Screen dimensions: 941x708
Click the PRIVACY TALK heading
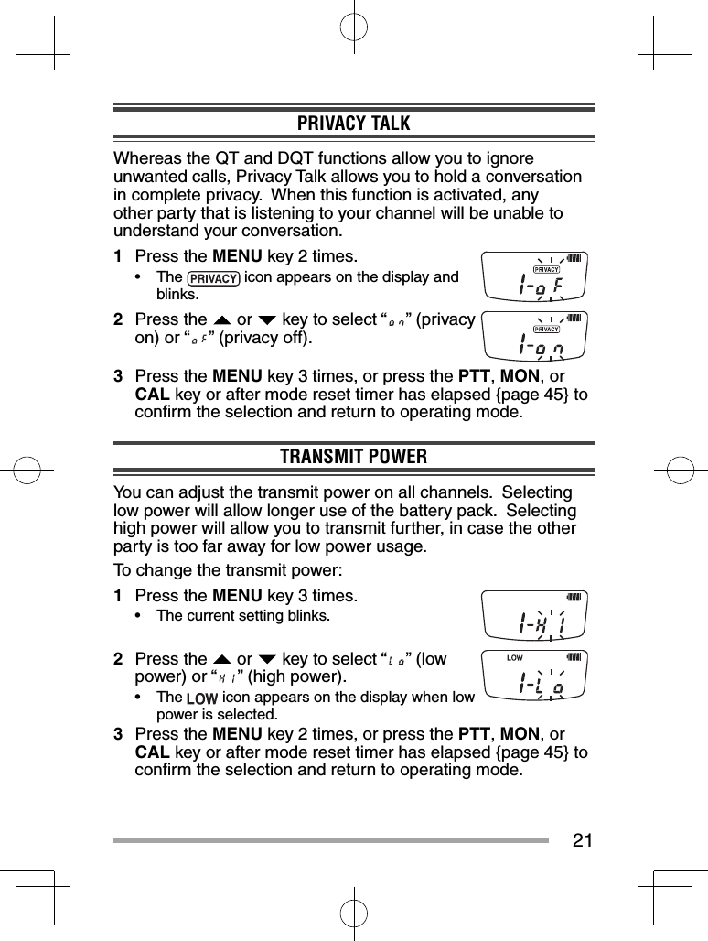tap(353, 124)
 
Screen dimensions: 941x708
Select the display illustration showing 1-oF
tap(534, 276)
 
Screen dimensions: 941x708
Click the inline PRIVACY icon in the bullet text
tap(213, 278)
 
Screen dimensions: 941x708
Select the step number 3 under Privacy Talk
tap(118, 377)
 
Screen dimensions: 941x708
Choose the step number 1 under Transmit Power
tap(118, 596)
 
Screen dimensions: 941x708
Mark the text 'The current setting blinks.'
tap(244, 616)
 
